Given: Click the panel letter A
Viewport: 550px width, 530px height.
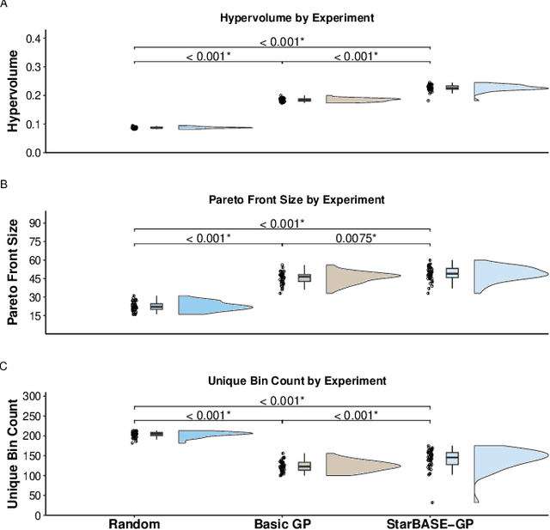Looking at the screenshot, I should click(4, 5).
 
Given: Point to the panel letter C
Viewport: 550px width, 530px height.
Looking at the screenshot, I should click(4, 366).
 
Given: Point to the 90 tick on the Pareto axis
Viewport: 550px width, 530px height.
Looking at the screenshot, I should click(34, 222).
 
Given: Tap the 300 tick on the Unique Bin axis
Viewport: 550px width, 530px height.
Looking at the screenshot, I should click(31, 396).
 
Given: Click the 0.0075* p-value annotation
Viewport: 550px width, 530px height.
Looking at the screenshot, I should click(355, 238).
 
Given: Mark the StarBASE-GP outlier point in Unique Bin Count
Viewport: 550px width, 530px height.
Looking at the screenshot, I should click(432, 503).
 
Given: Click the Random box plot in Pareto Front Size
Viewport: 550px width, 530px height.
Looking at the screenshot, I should click(156, 306).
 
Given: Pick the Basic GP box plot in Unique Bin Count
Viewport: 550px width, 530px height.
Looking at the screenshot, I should click(304, 466).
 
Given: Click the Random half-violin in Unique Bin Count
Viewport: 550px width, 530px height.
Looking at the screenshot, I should click(206, 436).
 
